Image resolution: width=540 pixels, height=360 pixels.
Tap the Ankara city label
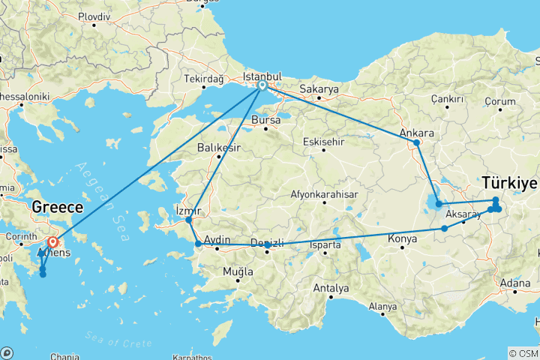pos(417,133)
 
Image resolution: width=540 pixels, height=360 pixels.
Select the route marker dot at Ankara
pos(417,142)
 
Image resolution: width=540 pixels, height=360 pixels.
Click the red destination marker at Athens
pos(53,242)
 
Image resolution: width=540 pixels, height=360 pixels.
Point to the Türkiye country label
pos(510,182)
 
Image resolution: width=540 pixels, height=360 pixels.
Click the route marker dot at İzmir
pos(189,220)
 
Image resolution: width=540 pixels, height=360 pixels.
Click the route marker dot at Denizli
pos(268,245)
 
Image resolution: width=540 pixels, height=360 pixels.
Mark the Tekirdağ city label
pos(205,79)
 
